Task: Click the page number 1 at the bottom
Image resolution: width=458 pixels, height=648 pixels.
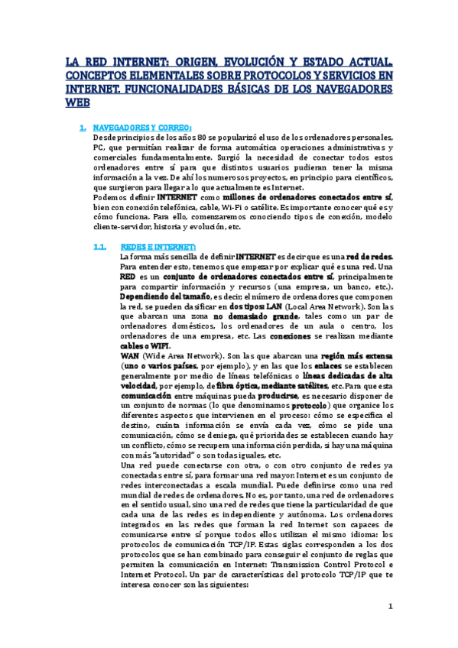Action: click(389, 607)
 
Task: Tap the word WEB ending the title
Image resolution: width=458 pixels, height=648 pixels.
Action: click(77, 101)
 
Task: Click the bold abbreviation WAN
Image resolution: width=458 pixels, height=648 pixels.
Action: click(132, 355)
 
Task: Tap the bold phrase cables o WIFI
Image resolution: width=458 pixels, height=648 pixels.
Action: click(145, 345)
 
